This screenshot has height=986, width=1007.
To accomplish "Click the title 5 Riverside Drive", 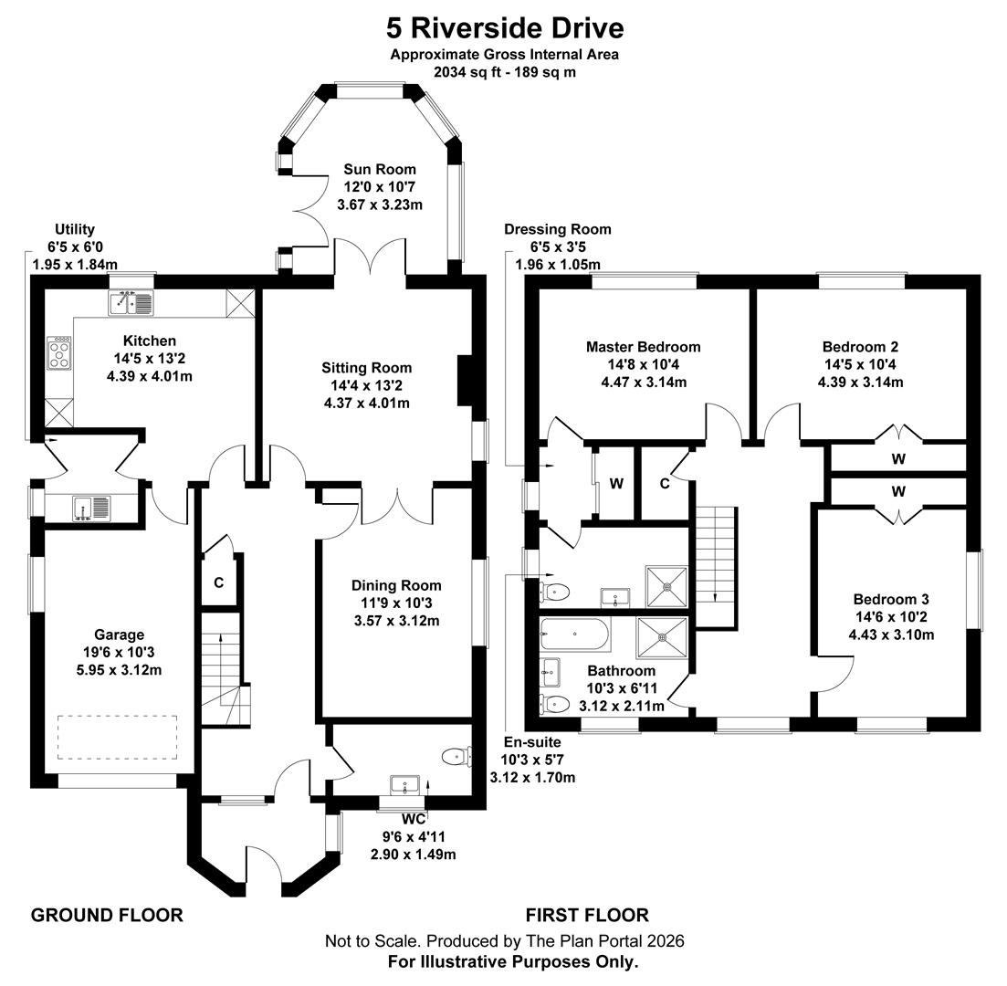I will (504, 27).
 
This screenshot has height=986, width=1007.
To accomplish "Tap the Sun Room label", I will (379, 169).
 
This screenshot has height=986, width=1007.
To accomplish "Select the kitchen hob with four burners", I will (59, 353).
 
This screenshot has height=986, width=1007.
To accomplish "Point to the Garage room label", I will (119, 635).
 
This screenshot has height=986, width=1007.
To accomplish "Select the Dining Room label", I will (396, 585).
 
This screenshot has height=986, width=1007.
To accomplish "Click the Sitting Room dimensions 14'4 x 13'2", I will (366, 385).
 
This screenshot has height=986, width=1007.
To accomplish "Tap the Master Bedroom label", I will (643, 347).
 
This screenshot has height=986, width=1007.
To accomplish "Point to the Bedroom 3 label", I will (891, 599).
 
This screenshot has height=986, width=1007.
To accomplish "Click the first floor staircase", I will (715, 566).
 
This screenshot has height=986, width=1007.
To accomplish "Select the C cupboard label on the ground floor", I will (219, 582).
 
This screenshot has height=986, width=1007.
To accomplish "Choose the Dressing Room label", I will (557, 229).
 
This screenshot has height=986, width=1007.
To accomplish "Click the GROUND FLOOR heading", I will (107, 915).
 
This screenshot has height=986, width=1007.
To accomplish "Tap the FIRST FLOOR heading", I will (586, 915).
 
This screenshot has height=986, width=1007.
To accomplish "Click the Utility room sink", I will (92, 508).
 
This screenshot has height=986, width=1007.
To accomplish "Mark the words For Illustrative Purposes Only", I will (512, 961).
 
